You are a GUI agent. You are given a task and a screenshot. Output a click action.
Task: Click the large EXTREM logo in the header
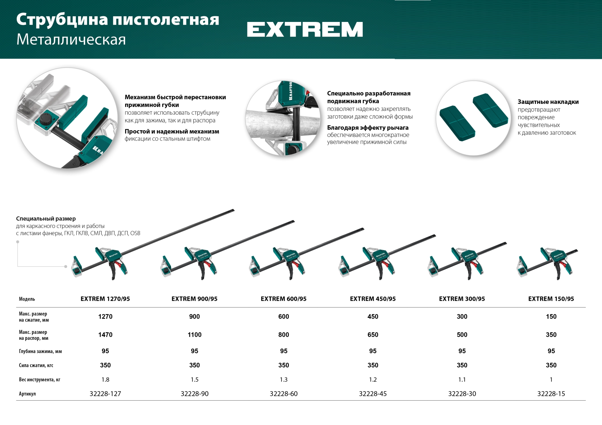305,29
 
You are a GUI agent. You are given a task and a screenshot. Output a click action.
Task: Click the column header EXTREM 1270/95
105,299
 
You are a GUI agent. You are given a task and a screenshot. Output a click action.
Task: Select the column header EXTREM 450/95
373,299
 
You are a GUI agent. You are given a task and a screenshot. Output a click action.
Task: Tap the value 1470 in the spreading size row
105,335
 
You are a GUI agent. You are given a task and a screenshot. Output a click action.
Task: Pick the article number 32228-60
284,394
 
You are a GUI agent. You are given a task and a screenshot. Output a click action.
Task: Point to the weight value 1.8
105,380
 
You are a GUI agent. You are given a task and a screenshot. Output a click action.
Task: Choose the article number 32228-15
551,394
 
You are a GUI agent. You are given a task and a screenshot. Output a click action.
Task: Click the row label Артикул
27,394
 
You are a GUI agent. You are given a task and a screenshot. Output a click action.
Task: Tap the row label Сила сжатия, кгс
36,365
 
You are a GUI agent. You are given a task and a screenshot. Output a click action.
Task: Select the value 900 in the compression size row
194,317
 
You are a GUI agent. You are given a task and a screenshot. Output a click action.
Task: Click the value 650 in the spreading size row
373,335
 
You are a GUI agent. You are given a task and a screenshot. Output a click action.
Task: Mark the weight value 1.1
462,380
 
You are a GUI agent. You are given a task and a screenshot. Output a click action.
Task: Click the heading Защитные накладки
548,102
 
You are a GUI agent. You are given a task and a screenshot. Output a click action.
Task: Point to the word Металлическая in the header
71,39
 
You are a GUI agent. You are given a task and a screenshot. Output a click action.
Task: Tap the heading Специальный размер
46,219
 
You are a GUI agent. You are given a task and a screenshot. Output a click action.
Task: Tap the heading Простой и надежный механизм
172,132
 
